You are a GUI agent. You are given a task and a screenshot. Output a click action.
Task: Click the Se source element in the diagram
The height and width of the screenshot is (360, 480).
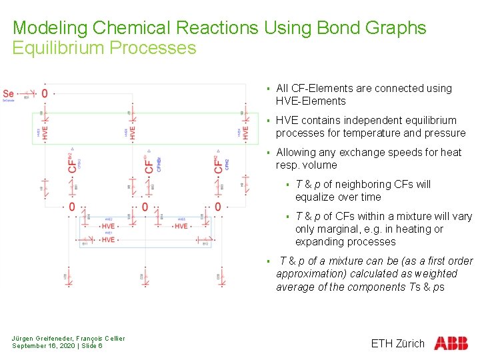coord(9,93)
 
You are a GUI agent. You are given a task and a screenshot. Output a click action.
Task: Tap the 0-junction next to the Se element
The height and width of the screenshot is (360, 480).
coord(45,93)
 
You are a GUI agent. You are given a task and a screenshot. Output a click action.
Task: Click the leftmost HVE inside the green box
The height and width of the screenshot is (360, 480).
coord(45,133)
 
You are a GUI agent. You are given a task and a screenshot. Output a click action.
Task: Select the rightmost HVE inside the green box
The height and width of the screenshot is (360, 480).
coord(245,133)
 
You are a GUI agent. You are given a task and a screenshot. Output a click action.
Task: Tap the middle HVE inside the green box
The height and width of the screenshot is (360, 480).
coord(133,133)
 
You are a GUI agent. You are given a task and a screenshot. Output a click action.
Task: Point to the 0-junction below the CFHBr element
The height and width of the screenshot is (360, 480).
coord(145,207)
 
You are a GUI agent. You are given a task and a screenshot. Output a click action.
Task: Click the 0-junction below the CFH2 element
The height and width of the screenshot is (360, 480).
coord(219,207)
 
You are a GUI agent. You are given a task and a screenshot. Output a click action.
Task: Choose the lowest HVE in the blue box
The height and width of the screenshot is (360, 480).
coord(108,239)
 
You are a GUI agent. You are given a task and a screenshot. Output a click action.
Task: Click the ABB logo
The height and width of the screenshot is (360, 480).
coord(451,343)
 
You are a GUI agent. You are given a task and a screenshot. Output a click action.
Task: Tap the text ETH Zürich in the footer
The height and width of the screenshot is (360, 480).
coord(397,344)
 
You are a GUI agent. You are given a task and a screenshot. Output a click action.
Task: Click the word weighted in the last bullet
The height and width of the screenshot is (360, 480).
coord(437,274)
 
